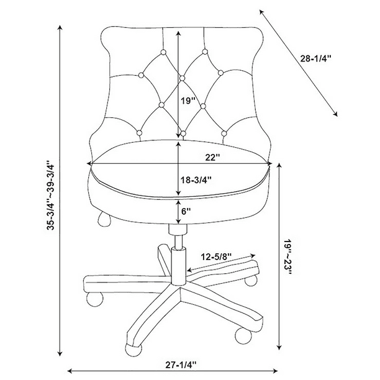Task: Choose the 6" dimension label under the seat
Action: pyautogui.click(x=186, y=211)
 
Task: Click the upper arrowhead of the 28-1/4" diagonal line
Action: pyautogui.click(x=261, y=11)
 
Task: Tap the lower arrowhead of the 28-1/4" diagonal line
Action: pyautogui.click(x=336, y=115)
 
